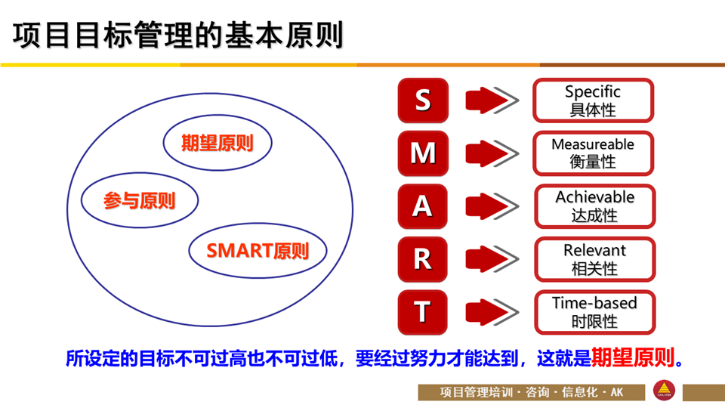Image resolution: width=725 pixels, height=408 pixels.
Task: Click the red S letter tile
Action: click(423, 100)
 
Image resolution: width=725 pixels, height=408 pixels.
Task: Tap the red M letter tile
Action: click(423, 153)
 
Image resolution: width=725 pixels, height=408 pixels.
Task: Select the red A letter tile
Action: click(423, 206)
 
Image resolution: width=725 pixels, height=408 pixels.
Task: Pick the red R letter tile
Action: click(423, 259)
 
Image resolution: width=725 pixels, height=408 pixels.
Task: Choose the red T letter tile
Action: click(423, 312)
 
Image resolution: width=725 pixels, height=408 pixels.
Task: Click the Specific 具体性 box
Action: click(594, 100)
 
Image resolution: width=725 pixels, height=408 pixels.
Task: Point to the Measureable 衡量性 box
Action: click(594, 153)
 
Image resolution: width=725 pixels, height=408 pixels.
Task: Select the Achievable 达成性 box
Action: click(594, 206)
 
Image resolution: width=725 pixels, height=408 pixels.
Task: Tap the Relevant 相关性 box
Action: click(594, 259)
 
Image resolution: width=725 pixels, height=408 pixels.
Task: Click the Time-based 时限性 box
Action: click(594, 312)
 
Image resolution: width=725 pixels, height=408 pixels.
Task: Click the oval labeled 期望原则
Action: click(217, 143)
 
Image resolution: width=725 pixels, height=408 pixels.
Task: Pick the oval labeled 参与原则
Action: click(140, 200)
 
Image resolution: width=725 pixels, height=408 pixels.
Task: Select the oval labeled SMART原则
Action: click(258, 251)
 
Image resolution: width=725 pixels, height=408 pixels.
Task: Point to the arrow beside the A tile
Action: click(492, 206)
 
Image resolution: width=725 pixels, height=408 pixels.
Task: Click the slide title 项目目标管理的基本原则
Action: click(178, 36)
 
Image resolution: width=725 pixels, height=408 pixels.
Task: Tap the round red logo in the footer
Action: click(664, 391)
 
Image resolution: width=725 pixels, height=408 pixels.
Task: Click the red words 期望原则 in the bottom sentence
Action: click(633, 357)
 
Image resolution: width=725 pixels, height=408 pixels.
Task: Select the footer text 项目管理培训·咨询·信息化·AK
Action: click(531, 392)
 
